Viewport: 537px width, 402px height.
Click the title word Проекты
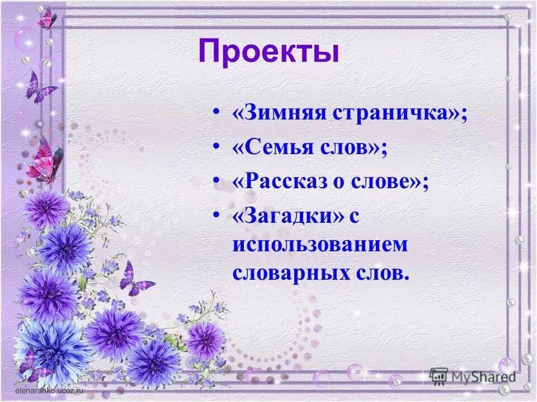point(268,53)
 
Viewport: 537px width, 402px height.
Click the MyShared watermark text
point(483,376)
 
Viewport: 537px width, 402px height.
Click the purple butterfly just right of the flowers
point(135,279)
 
